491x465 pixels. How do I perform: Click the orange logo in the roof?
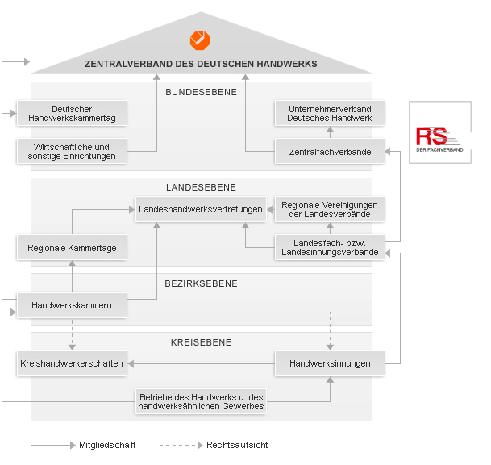(200, 40)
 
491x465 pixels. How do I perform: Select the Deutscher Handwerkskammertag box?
(72, 113)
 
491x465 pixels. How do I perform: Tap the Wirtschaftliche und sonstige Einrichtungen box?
(72, 151)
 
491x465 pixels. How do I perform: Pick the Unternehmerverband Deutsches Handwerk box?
(330, 113)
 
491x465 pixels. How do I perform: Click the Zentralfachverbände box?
(330, 151)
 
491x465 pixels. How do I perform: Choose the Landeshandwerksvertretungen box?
(201, 209)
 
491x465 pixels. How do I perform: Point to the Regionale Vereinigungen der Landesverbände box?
(330, 209)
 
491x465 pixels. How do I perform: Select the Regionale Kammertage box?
(72, 247)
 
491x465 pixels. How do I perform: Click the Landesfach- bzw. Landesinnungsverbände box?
(330, 247)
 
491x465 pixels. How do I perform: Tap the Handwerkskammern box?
(72, 305)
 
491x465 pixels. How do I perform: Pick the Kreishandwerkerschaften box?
(72, 363)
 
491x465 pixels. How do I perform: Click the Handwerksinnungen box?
(330, 363)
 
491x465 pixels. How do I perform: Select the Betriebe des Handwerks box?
(201, 401)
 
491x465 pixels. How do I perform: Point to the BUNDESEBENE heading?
(201, 92)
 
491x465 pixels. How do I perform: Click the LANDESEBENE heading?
(201, 187)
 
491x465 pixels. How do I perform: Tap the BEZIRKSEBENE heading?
(201, 283)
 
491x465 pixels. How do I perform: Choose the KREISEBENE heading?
(201, 342)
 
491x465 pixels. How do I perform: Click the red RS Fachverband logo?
(439, 139)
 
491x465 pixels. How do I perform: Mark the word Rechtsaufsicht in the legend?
(237, 445)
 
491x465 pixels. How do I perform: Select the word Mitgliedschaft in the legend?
(107, 445)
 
